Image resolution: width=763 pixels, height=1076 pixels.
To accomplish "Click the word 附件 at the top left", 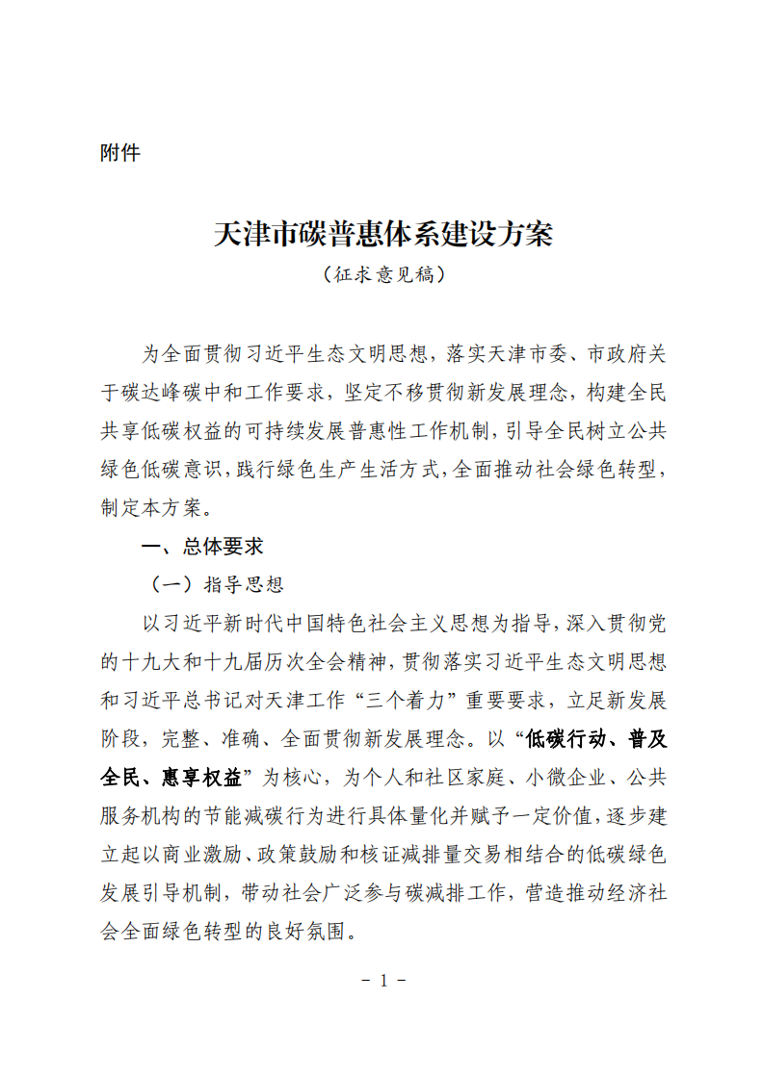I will (x=120, y=153).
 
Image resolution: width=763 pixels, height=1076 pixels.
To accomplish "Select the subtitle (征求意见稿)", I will (x=382, y=275).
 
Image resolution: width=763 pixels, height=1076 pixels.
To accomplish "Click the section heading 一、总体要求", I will (x=202, y=547).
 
